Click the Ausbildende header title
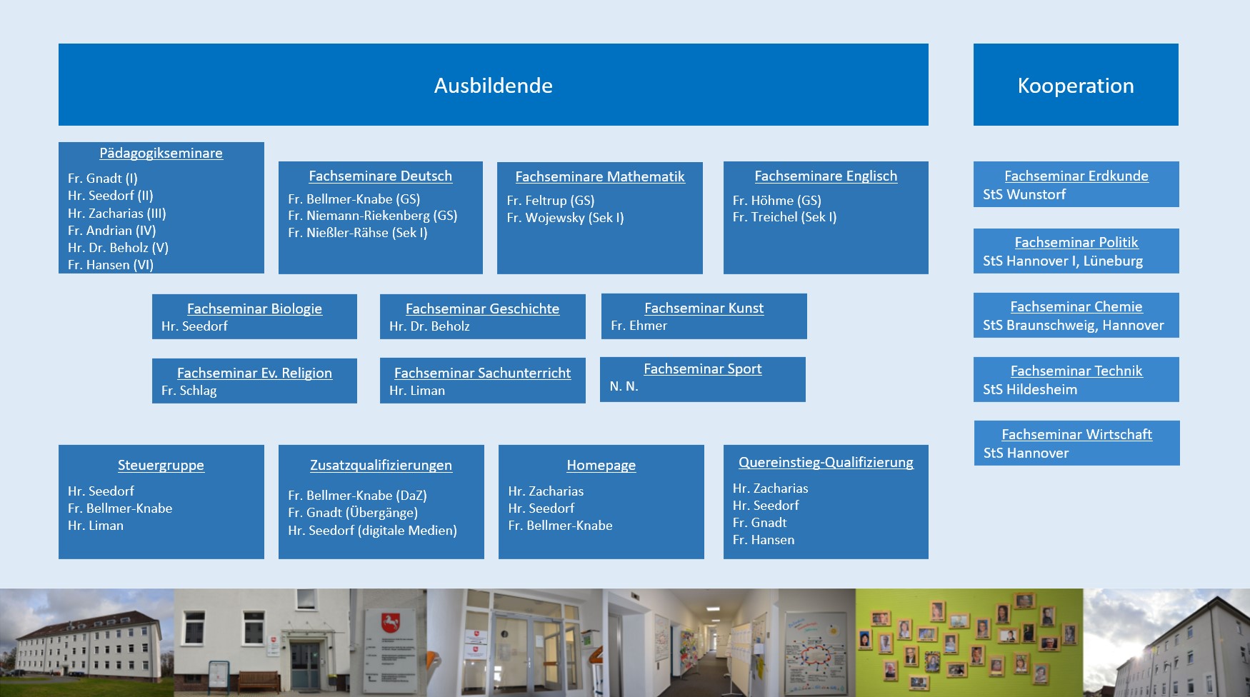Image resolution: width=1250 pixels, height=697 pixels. point(493,86)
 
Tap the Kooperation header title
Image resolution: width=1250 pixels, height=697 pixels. point(1076,86)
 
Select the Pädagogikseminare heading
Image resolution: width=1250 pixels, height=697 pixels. point(161,153)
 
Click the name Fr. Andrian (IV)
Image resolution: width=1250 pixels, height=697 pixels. point(111,230)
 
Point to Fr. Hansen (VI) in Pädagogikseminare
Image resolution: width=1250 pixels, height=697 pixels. point(111,264)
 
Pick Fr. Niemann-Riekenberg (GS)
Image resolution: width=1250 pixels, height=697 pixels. point(372,215)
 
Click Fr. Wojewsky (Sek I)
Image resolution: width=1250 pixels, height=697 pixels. point(565,217)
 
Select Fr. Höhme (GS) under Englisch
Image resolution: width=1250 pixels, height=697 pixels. point(776,200)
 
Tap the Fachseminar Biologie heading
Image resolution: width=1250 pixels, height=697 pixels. point(254,309)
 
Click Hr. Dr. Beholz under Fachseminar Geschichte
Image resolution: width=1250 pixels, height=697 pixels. point(429,326)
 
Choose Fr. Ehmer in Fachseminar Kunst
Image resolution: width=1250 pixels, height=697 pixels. point(639,326)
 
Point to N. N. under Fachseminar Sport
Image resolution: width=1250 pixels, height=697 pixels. point(624,386)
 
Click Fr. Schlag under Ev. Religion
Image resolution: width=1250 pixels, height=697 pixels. point(189,391)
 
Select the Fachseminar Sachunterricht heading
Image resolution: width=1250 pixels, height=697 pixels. point(482,373)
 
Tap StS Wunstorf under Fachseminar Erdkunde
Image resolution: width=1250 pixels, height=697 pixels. point(1024,194)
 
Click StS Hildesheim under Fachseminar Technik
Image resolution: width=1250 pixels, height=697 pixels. point(1030,389)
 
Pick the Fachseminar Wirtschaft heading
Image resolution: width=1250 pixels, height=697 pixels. point(1076,434)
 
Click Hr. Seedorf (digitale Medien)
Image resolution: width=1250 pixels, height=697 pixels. point(372,530)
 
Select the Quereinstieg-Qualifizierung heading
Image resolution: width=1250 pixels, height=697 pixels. point(826,462)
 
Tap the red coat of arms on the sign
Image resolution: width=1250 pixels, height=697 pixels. point(390,621)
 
